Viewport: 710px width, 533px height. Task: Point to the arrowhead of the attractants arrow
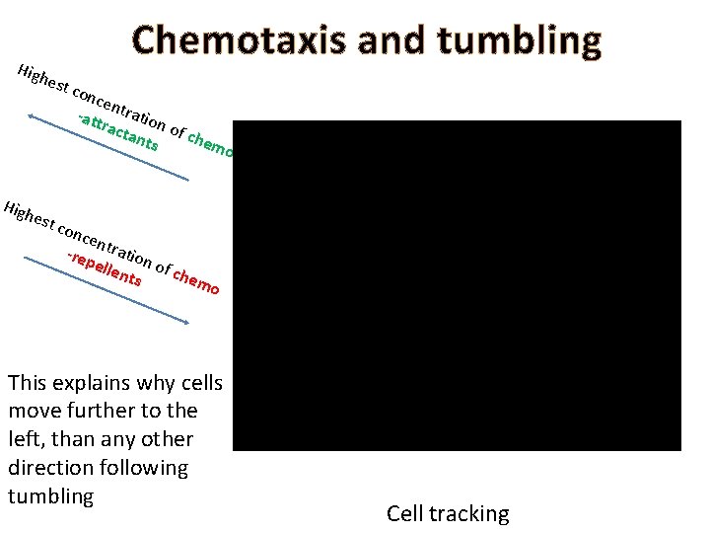tap(32, 116)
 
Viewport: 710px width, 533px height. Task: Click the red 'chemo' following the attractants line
tap(211, 144)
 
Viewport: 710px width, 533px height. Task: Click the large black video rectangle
tap(458, 285)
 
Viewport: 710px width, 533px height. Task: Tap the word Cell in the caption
tap(404, 513)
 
